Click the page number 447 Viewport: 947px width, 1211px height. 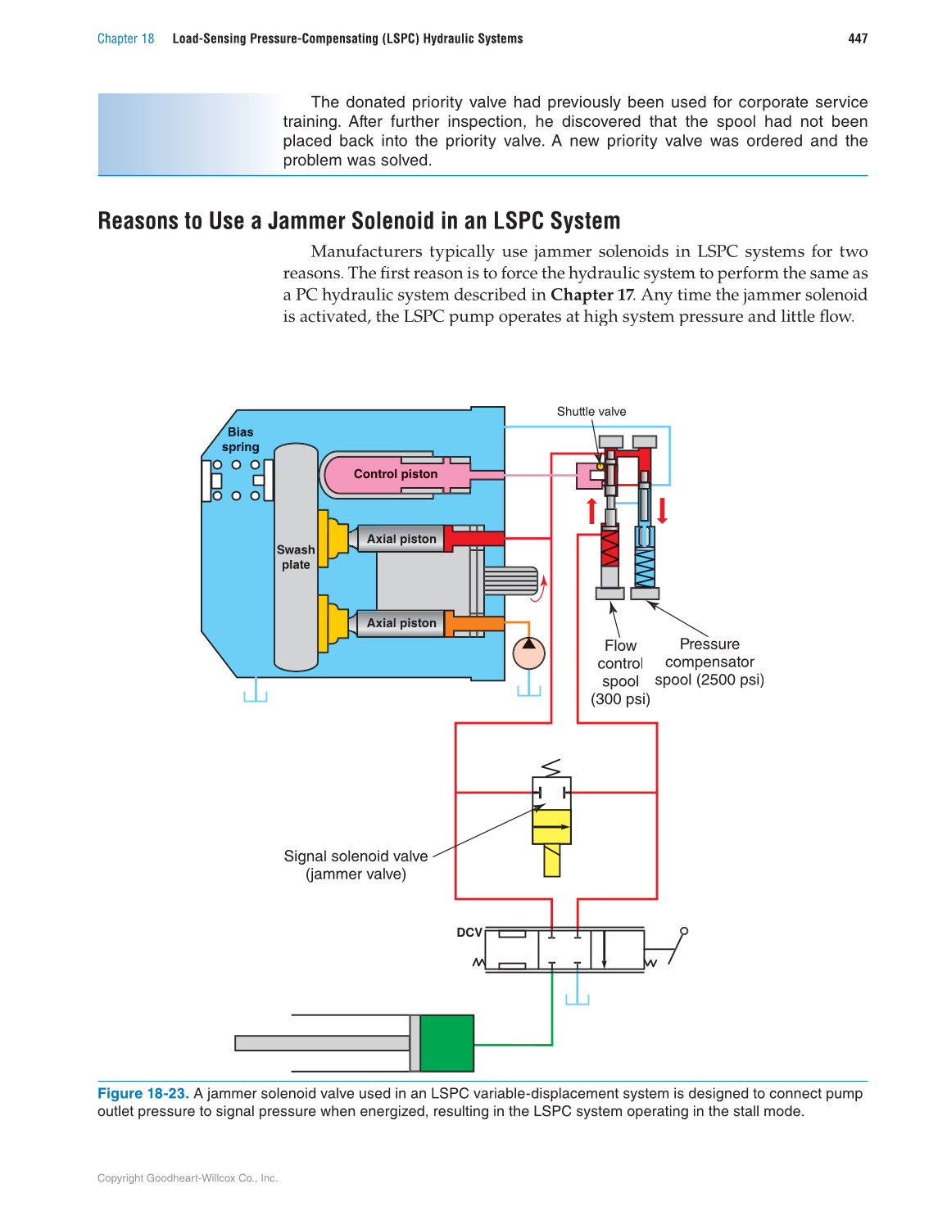857,38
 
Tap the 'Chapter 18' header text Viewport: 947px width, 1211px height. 125,38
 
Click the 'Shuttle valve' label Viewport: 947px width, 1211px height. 591,412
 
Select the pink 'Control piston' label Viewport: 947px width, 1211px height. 396,474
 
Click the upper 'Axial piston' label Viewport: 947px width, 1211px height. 401,539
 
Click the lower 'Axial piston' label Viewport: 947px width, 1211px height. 401,623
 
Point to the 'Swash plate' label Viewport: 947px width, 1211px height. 296,558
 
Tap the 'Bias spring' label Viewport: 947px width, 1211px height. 240,440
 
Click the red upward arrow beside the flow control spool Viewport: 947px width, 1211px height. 591,511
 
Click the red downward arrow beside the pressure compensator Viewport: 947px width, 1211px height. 662,511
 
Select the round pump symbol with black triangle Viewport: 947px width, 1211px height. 528,653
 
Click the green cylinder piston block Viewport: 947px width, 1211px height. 446,1043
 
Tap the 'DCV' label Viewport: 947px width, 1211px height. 469,933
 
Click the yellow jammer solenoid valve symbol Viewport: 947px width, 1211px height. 551,827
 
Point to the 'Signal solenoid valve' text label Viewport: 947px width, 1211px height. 356,856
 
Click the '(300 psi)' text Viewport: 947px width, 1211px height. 620,699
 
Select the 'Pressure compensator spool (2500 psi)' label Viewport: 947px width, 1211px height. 709,662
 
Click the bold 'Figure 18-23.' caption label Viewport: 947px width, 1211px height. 143,1094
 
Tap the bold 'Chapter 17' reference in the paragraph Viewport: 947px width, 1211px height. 591,295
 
